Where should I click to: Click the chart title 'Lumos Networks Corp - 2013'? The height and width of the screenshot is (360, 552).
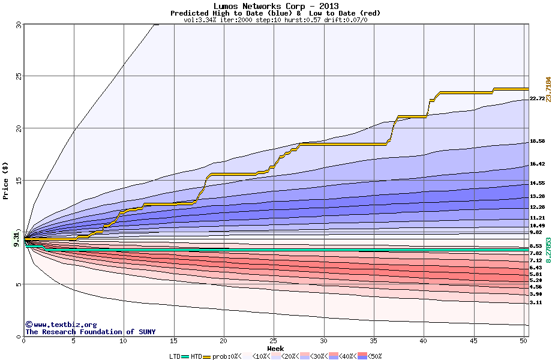(275, 6)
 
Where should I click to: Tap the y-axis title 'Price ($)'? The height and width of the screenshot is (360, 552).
(6, 180)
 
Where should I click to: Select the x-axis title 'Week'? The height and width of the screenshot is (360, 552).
(275, 348)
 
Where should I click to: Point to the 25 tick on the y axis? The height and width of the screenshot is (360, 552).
(18, 76)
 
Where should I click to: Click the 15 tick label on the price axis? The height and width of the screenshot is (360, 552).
(18, 181)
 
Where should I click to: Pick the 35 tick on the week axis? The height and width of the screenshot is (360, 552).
(374, 341)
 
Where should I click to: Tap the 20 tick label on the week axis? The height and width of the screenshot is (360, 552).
(224, 341)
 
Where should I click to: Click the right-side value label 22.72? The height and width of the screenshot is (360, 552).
(537, 98)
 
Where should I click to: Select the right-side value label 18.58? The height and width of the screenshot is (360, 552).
(537, 141)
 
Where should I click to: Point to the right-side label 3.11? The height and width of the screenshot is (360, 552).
(537, 302)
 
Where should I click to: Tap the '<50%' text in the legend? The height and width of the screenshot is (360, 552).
(374, 356)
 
